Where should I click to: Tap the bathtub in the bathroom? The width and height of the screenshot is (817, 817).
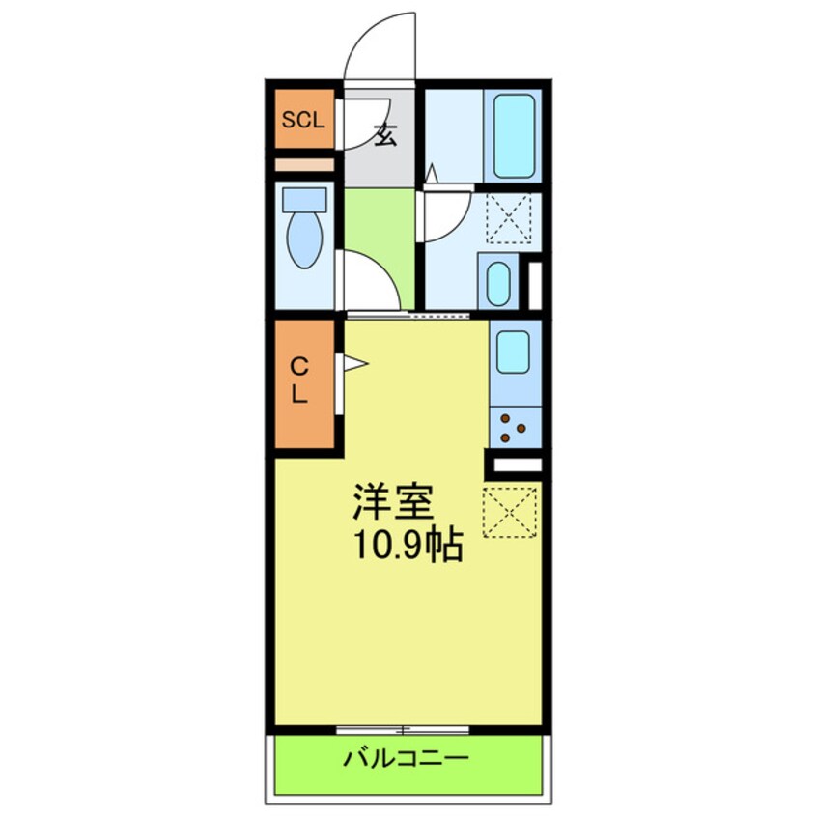click(x=514, y=135)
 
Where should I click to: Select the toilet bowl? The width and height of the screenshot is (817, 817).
click(x=305, y=239)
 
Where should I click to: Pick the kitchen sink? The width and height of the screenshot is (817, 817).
click(x=513, y=352)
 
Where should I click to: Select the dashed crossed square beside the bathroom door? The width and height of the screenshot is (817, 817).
click(x=508, y=217)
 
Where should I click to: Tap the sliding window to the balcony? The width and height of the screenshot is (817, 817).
click(x=404, y=728)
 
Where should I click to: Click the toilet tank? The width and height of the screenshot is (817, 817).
click(x=303, y=199)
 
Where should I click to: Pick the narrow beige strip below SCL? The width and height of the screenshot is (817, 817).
click(x=303, y=164)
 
